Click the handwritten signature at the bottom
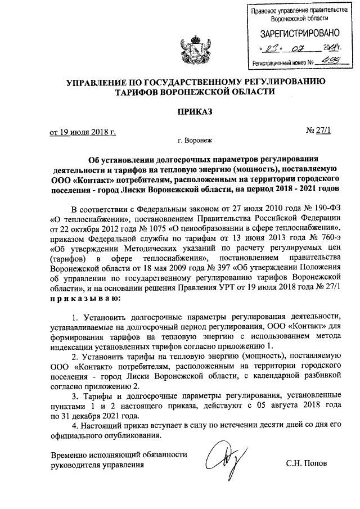coord(220,461)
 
